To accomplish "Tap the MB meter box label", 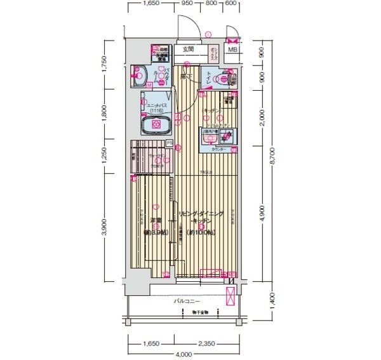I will tap(232, 50).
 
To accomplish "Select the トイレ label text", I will tap(208, 79).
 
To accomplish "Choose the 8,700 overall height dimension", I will tap(276, 164).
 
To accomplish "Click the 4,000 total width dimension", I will tap(184, 354).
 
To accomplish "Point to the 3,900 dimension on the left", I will tap(104, 226).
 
